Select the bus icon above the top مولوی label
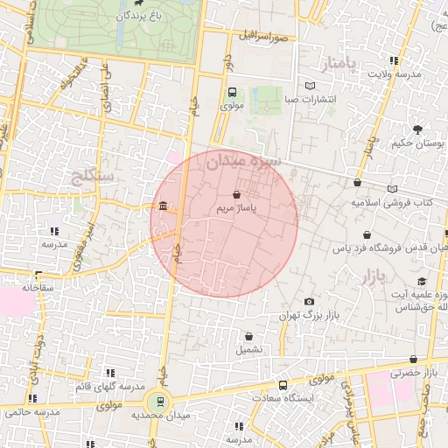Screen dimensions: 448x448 tap(232, 92)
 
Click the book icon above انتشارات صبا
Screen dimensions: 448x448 tap(310, 85)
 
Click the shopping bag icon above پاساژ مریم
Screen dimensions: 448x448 tap(236, 194)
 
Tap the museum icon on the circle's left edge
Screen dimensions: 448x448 tap(164, 206)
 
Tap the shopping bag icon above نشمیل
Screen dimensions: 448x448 tap(249, 335)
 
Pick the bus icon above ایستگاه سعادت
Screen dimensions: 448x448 tap(283, 384)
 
